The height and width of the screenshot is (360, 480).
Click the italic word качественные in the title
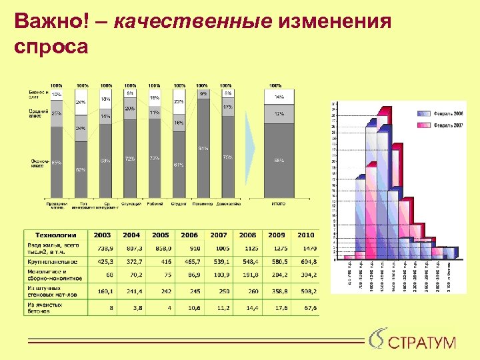(x=193, y=22)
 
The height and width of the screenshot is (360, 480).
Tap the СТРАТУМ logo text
(x=421, y=343)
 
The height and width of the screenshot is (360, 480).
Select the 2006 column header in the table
(x=189, y=235)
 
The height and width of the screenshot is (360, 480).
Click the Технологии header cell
(x=56, y=235)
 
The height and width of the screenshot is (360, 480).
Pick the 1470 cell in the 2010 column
(x=306, y=248)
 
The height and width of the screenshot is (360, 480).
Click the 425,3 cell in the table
(x=103, y=262)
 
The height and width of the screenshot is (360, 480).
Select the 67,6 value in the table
(x=306, y=308)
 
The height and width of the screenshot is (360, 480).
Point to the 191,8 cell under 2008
(x=247, y=275)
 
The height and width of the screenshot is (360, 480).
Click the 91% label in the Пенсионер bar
(x=203, y=148)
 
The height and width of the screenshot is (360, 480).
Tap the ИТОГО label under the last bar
(x=279, y=204)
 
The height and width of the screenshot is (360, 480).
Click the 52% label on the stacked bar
(x=81, y=170)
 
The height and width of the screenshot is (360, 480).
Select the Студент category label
(x=179, y=204)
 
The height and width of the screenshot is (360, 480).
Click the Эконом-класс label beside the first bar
(x=37, y=163)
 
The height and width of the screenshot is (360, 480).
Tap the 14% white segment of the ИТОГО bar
(x=279, y=97)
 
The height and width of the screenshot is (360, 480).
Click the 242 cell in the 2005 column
(x=160, y=291)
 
